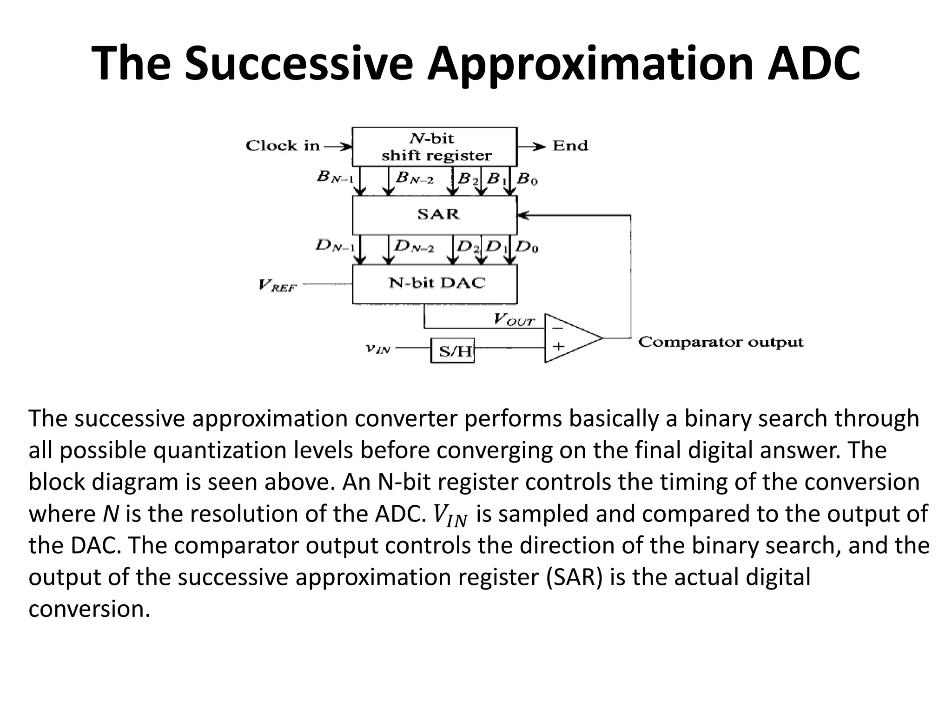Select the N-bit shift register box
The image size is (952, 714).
pyautogui.click(x=434, y=146)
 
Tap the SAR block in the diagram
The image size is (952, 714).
pyautogui.click(x=434, y=215)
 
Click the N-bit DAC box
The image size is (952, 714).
pyautogui.click(x=434, y=284)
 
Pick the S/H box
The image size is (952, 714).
pyautogui.click(x=452, y=350)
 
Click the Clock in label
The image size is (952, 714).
pyautogui.click(x=283, y=146)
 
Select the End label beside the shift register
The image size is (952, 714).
pyautogui.click(x=570, y=146)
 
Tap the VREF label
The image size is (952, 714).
pyautogui.click(x=278, y=285)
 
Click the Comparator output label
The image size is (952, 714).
pyautogui.click(x=721, y=343)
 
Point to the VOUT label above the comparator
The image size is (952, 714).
pyautogui.click(x=514, y=320)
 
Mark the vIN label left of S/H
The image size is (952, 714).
pyautogui.click(x=377, y=349)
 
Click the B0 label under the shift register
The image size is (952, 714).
pyautogui.click(x=527, y=178)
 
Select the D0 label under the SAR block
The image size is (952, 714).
pyautogui.click(x=527, y=246)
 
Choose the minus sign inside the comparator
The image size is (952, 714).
pyautogui.click(x=558, y=328)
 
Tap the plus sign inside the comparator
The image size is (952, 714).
pyautogui.click(x=558, y=346)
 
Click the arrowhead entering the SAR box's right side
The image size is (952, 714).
pyautogui.click(x=523, y=215)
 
